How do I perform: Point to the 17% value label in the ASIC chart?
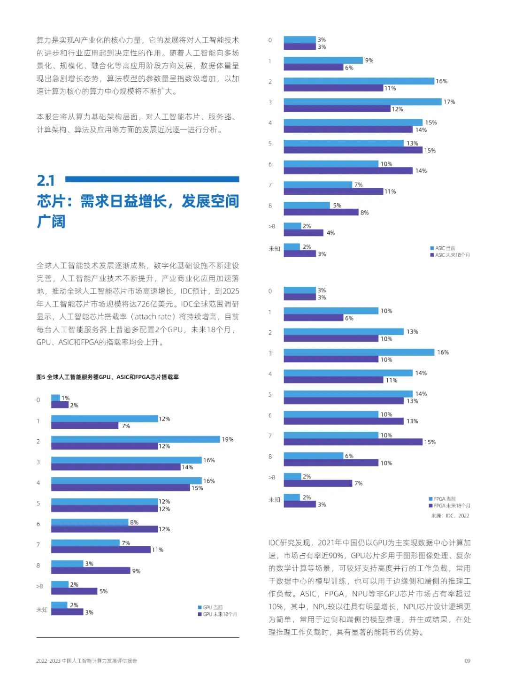click(x=449, y=102)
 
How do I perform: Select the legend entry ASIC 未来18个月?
click(x=450, y=255)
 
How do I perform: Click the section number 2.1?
click(x=46, y=180)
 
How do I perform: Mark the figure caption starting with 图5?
click(x=108, y=377)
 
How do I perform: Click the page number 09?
click(x=467, y=661)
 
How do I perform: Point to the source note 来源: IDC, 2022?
click(x=450, y=516)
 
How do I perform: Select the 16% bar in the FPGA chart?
click(x=359, y=352)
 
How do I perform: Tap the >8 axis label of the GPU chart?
click(x=39, y=586)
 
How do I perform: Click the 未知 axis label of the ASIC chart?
click(x=274, y=249)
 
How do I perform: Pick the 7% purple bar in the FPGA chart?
click(x=318, y=483)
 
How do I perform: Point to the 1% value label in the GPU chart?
click(x=65, y=398)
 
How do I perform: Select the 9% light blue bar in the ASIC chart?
click(x=323, y=61)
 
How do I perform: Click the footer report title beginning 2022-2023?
click(x=87, y=661)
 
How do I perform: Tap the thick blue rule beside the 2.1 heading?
click(x=152, y=179)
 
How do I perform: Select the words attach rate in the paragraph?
click(x=153, y=317)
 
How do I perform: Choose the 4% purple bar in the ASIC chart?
click(x=303, y=233)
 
